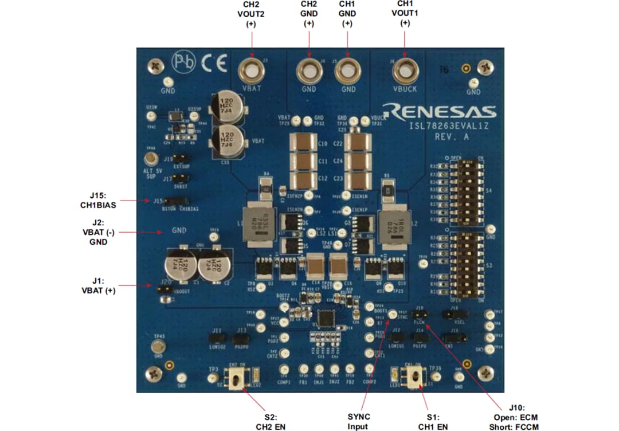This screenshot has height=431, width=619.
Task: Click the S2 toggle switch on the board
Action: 234,378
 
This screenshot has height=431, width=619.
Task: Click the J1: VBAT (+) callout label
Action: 99,285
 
